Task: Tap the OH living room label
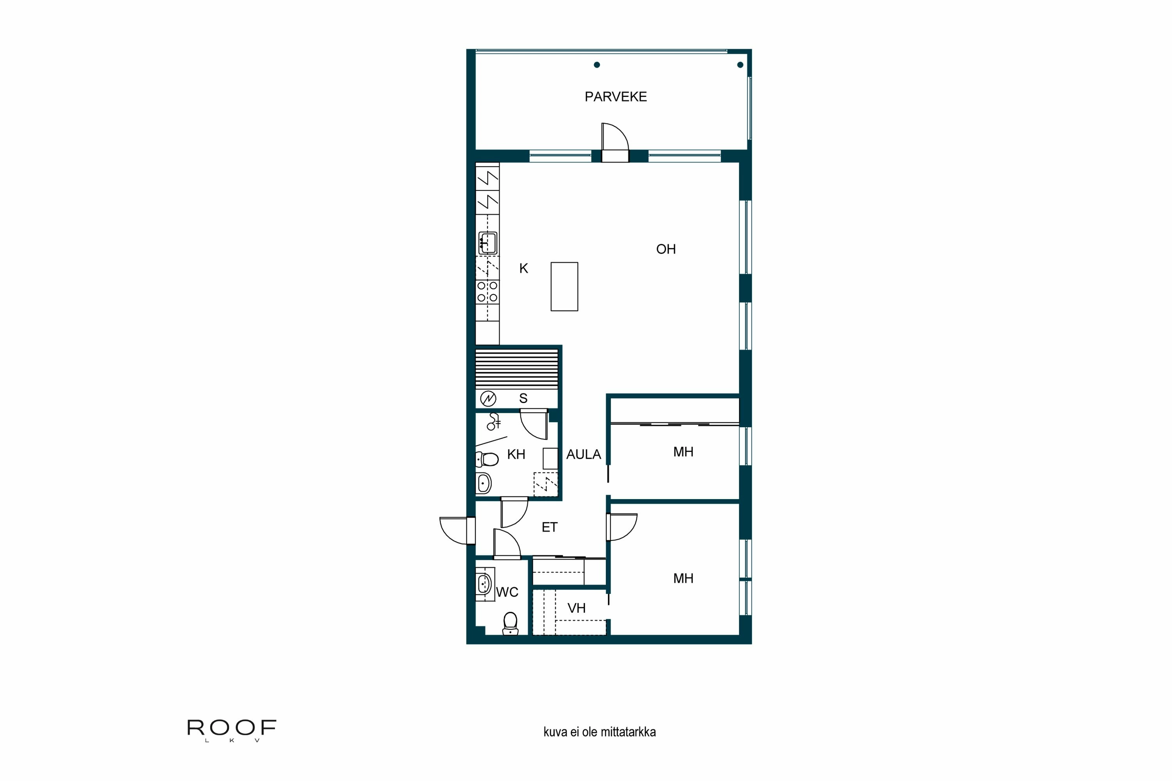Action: (x=666, y=249)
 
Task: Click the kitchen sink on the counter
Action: (x=487, y=243)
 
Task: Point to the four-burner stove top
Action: (x=487, y=292)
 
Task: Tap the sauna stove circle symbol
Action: (x=488, y=398)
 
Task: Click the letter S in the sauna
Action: (x=523, y=398)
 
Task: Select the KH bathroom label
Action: (x=516, y=454)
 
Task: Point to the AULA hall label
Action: (x=584, y=454)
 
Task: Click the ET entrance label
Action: (x=550, y=527)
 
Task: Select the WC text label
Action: (x=507, y=592)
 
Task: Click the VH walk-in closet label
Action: (x=577, y=608)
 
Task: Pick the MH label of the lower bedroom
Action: (x=683, y=578)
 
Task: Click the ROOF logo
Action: (x=232, y=728)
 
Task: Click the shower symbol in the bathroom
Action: (x=493, y=421)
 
